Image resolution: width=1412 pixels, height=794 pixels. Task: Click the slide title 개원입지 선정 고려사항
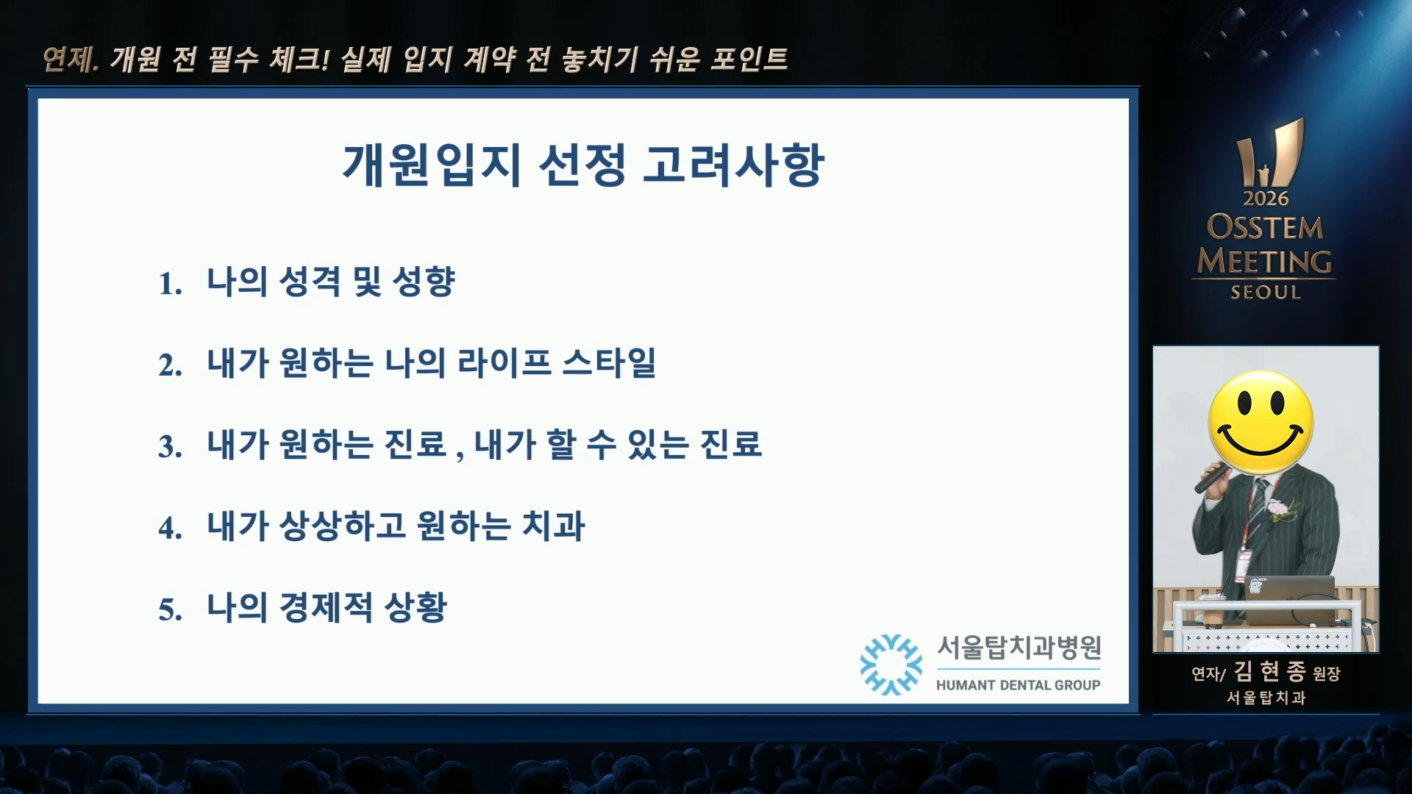[583, 165]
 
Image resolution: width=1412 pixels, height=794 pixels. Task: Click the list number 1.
[171, 284]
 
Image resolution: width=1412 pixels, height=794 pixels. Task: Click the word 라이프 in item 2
[504, 363]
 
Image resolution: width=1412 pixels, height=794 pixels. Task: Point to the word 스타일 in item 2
[609, 363]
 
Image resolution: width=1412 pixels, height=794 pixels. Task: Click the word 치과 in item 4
[553, 526]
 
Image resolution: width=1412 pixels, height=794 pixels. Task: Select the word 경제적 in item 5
[326, 608]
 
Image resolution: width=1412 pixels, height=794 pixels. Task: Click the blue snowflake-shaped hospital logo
[891, 665]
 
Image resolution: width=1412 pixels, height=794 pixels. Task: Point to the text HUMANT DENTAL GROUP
[1018, 685]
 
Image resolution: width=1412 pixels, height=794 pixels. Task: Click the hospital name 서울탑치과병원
[1019, 648]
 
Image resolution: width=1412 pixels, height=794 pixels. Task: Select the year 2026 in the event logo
[1266, 198]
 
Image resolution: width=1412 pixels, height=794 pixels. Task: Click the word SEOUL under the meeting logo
[1266, 292]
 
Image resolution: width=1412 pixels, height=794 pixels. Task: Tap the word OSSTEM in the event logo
[1264, 227]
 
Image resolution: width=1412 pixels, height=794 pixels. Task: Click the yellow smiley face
[1261, 423]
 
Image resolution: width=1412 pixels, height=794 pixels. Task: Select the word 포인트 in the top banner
[749, 59]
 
